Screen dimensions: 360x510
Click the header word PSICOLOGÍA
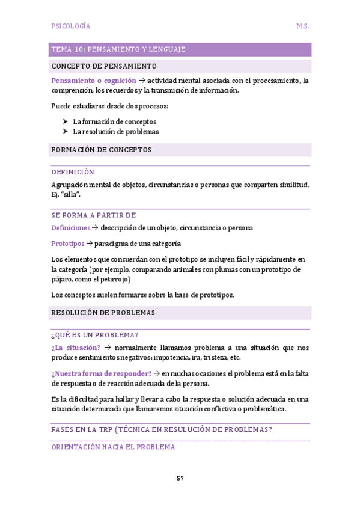click(x=71, y=26)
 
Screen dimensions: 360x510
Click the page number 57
click(x=180, y=478)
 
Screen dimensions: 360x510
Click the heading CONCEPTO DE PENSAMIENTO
click(x=104, y=66)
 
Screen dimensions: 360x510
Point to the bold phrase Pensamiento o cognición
click(x=94, y=81)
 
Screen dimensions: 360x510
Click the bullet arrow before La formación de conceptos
click(x=66, y=121)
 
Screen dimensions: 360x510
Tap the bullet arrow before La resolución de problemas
click(x=66, y=131)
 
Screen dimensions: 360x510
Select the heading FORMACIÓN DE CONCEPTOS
click(x=101, y=149)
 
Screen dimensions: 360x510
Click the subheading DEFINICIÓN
click(x=73, y=172)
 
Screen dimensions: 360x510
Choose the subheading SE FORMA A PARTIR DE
click(x=94, y=215)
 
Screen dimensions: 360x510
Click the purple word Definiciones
click(x=71, y=228)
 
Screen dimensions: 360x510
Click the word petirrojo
click(x=112, y=279)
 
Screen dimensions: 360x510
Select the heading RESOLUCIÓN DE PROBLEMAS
click(x=103, y=313)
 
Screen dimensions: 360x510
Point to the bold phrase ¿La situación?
click(x=76, y=348)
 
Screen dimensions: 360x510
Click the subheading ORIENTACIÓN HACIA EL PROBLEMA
click(x=113, y=447)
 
